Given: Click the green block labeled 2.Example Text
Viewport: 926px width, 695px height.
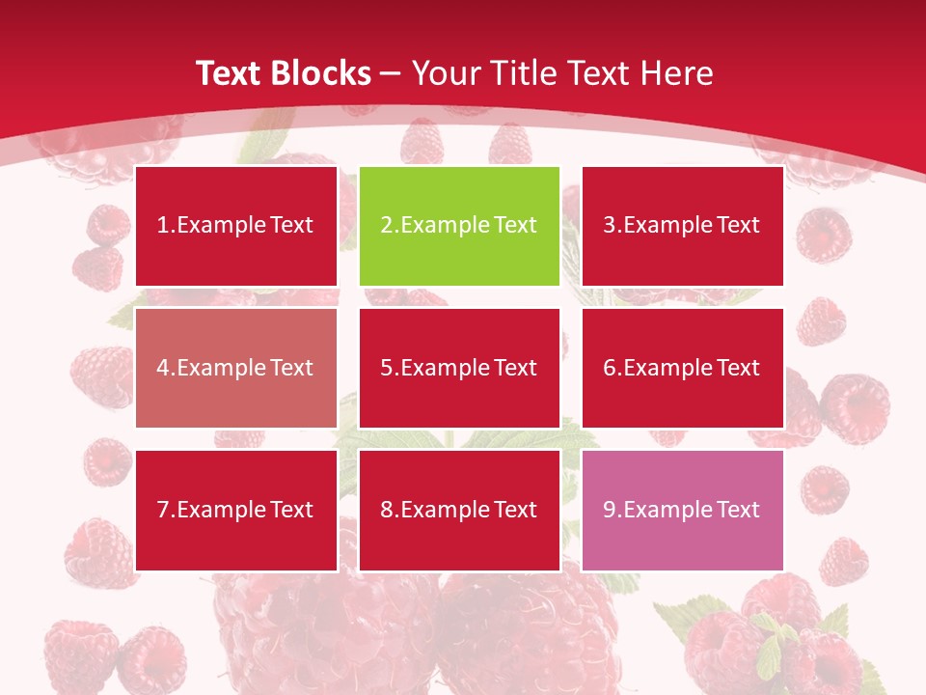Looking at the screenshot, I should [x=459, y=226].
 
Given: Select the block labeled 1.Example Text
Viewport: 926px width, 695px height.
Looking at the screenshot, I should [x=236, y=226].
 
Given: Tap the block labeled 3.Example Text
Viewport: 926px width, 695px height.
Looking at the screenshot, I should [x=682, y=226].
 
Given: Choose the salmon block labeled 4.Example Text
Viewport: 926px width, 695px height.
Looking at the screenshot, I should [x=236, y=368].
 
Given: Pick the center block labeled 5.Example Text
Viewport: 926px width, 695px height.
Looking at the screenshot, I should [x=459, y=368].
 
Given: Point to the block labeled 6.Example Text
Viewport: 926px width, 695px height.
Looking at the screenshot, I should [x=682, y=368].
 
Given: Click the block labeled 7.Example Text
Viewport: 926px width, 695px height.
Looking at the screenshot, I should [x=236, y=510].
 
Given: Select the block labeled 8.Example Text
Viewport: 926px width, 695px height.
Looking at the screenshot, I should [x=459, y=510].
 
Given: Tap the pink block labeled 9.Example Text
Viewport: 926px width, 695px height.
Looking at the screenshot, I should [x=682, y=510].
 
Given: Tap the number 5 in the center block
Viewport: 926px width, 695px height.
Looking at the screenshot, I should [x=386, y=368].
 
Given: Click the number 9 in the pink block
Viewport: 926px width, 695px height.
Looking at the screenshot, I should [x=609, y=510].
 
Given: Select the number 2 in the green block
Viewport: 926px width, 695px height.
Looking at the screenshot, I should [x=386, y=226].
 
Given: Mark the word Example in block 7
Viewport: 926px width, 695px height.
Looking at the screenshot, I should [x=222, y=510].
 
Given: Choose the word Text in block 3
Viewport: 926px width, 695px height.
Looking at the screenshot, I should [x=738, y=226].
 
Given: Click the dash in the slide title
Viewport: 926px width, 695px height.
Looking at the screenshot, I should [x=391, y=73].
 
